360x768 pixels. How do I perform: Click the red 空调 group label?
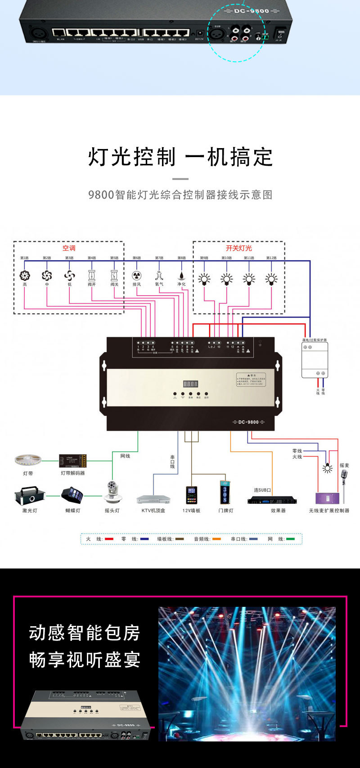click(x=69, y=248)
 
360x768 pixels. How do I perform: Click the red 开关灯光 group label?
click(x=238, y=248)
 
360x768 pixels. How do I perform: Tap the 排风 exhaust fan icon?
click(x=137, y=276)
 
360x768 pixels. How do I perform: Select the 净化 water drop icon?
click(x=181, y=276)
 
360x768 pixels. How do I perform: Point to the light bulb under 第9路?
click(x=204, y=279)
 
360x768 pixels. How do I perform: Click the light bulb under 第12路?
click(x=271, y=279)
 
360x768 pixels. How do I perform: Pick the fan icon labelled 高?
click(x=25, y=276)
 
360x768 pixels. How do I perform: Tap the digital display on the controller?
click(x=190, y=384)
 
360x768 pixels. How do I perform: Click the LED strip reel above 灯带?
click(x=28, y=460)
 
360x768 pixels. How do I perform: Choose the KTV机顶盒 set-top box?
click(x=153, y=499)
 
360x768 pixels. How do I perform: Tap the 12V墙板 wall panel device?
click(x=192, y=495)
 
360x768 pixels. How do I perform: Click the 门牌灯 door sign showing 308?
click(x=225, y=492)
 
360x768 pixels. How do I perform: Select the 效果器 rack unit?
click(x=272, y=500)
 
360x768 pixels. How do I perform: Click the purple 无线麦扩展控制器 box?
click(x=328, y=498)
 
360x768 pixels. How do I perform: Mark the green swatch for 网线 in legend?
click(x=290, y=539)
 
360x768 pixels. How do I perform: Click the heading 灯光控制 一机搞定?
click(x=180, y=157)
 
